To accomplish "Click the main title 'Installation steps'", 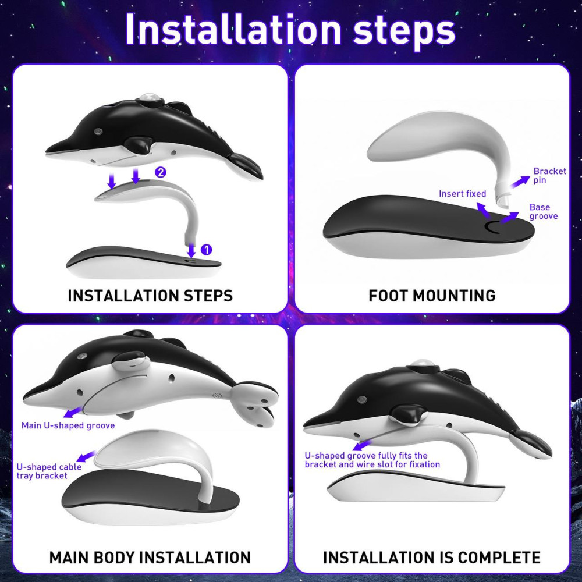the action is (290, 29).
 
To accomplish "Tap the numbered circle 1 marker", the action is (207, 250).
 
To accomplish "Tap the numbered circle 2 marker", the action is (161, 172).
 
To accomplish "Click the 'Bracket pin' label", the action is (550, 176).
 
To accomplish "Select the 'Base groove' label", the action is (544, 212).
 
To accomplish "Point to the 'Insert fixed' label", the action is (462, 193).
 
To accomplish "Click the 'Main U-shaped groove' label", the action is (68, 425).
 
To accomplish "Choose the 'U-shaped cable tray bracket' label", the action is (49, 471).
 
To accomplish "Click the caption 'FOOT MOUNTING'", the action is (432, 296).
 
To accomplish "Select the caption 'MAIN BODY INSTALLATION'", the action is (150, 558).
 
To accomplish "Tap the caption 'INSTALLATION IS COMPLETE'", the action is (432, 558).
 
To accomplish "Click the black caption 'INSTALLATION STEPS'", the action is (150, 296).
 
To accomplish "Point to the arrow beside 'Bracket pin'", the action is (520, 182).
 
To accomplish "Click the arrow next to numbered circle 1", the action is (191, 250).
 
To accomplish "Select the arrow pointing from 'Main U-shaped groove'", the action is (73, 412).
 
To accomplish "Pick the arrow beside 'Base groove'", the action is (509, 218).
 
